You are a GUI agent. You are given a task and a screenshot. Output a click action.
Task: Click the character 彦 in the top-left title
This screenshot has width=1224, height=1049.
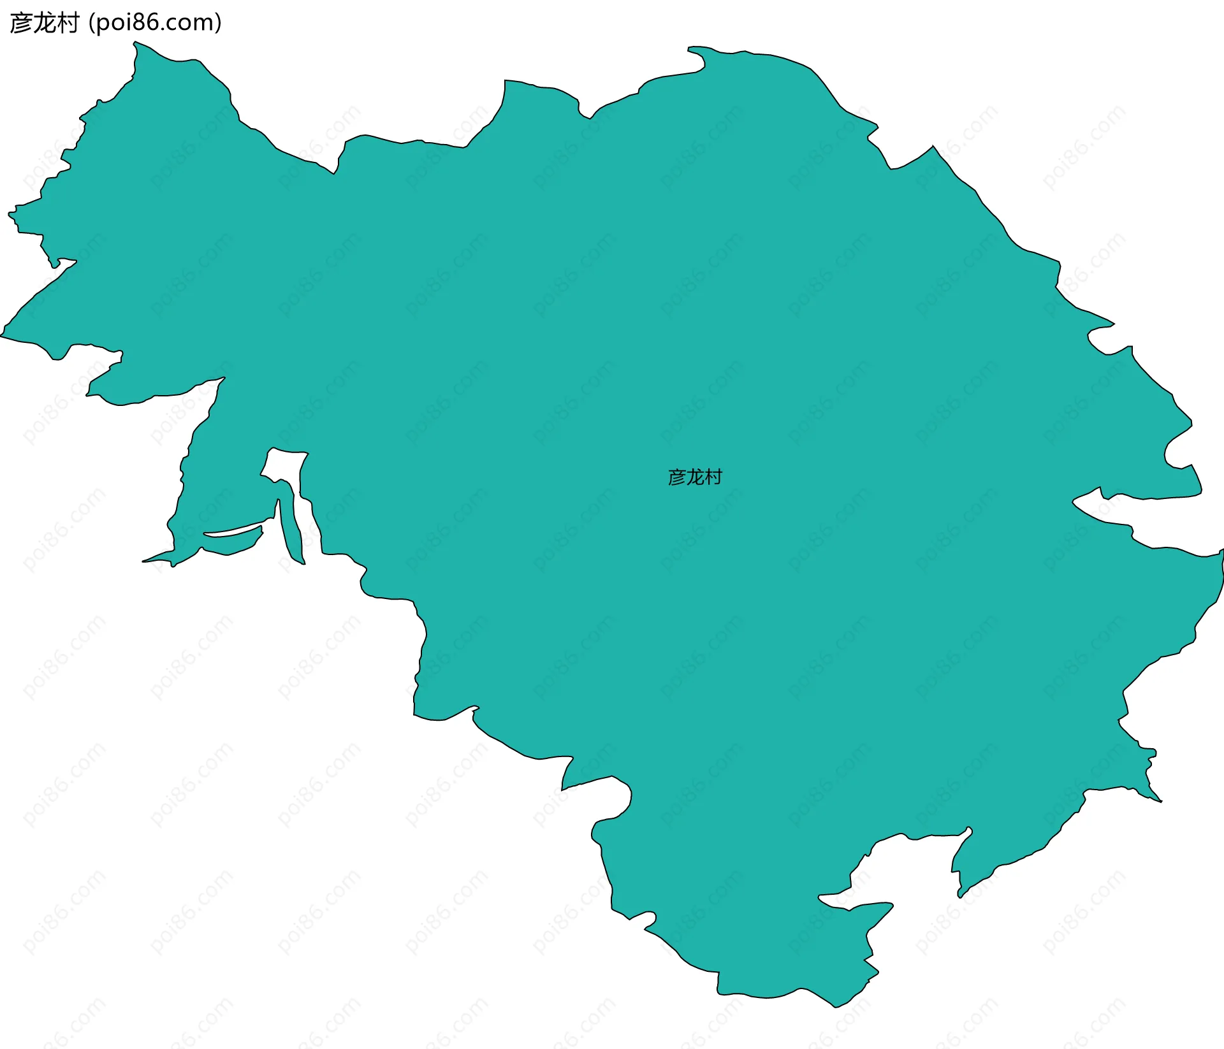pyautogui.click(x=21, y=23)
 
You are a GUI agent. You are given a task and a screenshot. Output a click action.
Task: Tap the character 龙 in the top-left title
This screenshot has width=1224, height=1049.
pyautogui.click(x=44, y=23)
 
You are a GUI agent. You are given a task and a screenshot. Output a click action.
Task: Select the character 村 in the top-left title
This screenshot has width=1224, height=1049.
pyautogui.click(x=67, y=23)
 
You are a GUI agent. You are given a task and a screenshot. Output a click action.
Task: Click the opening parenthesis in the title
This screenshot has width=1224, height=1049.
pyautogui.click(x=92, y=23)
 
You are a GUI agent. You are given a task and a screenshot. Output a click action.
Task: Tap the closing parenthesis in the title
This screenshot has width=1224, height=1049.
pyautogui.click(x=219, y=23)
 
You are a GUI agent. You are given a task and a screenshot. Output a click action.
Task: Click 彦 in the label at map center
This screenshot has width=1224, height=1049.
pyautogui.click(x=676, y=477)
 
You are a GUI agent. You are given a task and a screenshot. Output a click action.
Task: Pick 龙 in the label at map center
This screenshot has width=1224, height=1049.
pyautogui.click(x=695, y=477)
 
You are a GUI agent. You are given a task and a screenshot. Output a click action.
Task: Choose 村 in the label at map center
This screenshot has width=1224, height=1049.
pyautogui.click(x=713, y=477)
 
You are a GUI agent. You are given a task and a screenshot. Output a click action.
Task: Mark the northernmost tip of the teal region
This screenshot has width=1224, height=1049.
pyautogui.click(x=135, y=42)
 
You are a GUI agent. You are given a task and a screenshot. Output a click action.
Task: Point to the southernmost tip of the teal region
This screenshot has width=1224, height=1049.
pyautogui.click(x=835, y=1007)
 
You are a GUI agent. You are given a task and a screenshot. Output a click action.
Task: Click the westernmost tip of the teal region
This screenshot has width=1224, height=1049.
pyautogui.click(x=1, y=335)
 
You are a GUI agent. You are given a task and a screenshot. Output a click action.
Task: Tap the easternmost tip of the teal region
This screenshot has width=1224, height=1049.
pyautogui.click(x=1222, y=551)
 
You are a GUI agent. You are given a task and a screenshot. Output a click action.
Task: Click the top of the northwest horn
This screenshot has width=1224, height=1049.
pyautogui.click(x=135, y=42)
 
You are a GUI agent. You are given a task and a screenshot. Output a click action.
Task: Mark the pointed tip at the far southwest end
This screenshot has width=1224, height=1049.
pyautogui.click(x=144, y=561)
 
